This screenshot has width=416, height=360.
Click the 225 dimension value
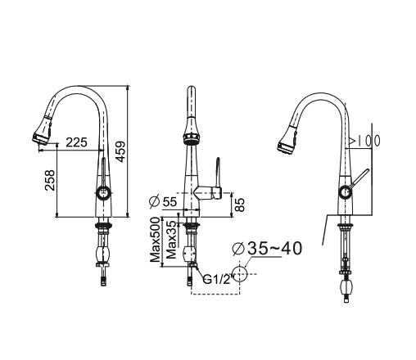click(76, 142)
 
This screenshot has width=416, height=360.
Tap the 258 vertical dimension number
click(49, 181)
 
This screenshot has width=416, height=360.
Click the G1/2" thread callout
click(216, 278)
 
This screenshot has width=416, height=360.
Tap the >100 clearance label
click(364, 141)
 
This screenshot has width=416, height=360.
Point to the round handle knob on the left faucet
click(103, 193)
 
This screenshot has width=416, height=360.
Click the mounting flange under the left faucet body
click(104, 223)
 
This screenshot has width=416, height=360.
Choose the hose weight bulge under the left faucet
click(104, 255)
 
